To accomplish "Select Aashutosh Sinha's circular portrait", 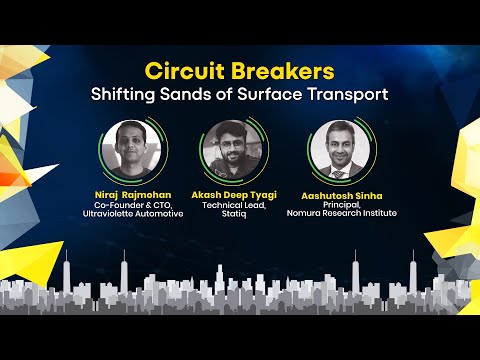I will (338, 151).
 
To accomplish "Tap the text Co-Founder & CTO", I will (128, 205).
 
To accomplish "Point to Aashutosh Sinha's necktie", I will (339, 171).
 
